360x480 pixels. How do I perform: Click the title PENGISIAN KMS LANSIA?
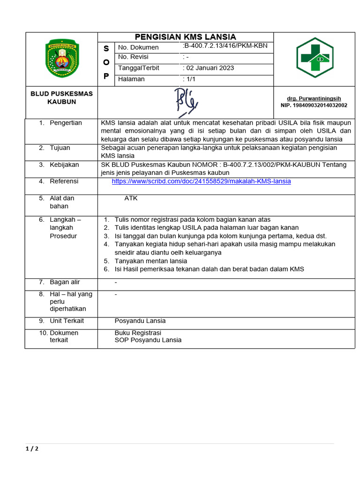point(185,37)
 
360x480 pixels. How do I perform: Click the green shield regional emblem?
point(62,58)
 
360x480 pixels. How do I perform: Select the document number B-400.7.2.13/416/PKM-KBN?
point(225,46)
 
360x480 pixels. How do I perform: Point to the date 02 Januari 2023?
point(209,68)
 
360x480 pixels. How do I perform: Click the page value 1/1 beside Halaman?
point(190,79)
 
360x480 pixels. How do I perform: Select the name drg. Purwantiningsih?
point(314,98)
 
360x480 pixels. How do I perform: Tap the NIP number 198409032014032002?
point(314,105)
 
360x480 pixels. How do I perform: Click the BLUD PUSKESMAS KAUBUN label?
point(61,97)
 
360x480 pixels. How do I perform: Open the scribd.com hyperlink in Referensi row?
point(201,181)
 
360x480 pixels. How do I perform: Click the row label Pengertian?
point(66,123)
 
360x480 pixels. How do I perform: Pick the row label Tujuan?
point(60,148)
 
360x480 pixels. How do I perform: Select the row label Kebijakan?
point(64,165)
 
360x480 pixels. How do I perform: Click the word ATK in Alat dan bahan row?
point(131,198)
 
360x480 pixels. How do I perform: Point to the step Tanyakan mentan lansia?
point(151,261)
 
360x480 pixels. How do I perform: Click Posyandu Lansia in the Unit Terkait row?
point(140,321)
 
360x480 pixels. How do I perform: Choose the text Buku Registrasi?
point(138,333)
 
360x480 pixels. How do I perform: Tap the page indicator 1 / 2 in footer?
point(32,449)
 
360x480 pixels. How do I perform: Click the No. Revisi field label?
point(133,57)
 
